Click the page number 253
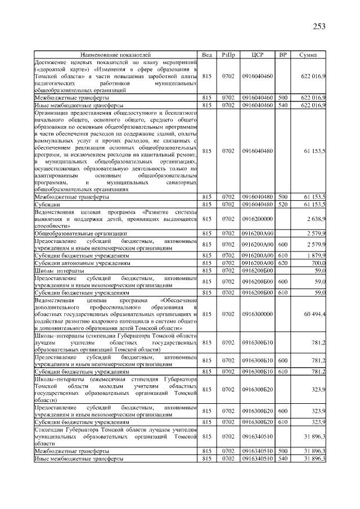318,26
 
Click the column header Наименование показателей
115,55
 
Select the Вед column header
207,55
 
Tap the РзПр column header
228,55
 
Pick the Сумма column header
308,55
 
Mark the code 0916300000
257,313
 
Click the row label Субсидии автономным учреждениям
82,263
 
